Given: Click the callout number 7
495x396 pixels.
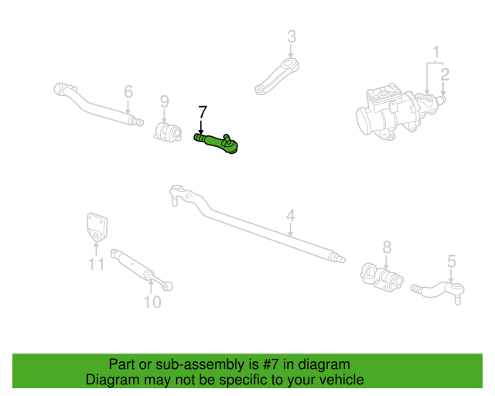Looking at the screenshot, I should pyautogui.click(x=203, y=111).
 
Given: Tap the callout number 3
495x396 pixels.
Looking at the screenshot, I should pyautogui.click(x=292, y=36).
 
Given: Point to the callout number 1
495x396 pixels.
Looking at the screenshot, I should pyautogui.click(x=436, y=53).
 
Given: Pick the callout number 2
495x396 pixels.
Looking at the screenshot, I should pyautogui.click(x=445, y=74).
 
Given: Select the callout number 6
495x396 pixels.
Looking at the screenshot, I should pyautogui.click(x=128, y=92).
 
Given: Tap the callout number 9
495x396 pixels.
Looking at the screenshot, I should pyautogui.click(x=164, y=101).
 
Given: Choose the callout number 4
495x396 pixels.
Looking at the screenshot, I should pyautogui.click(x=290, y=216).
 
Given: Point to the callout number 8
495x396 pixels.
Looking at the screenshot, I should pyautogui.click(x=387, y=247).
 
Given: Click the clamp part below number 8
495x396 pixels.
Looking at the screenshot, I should pyautogui.click(x=381, y=275).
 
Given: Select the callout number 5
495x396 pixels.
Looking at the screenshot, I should pyautogui.click(x=452, y=261).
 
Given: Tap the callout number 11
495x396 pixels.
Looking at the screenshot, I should pyautogui.click(x=96, y=265).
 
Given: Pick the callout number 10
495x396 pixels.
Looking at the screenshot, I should pyautogui.click(x=152, y=302).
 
